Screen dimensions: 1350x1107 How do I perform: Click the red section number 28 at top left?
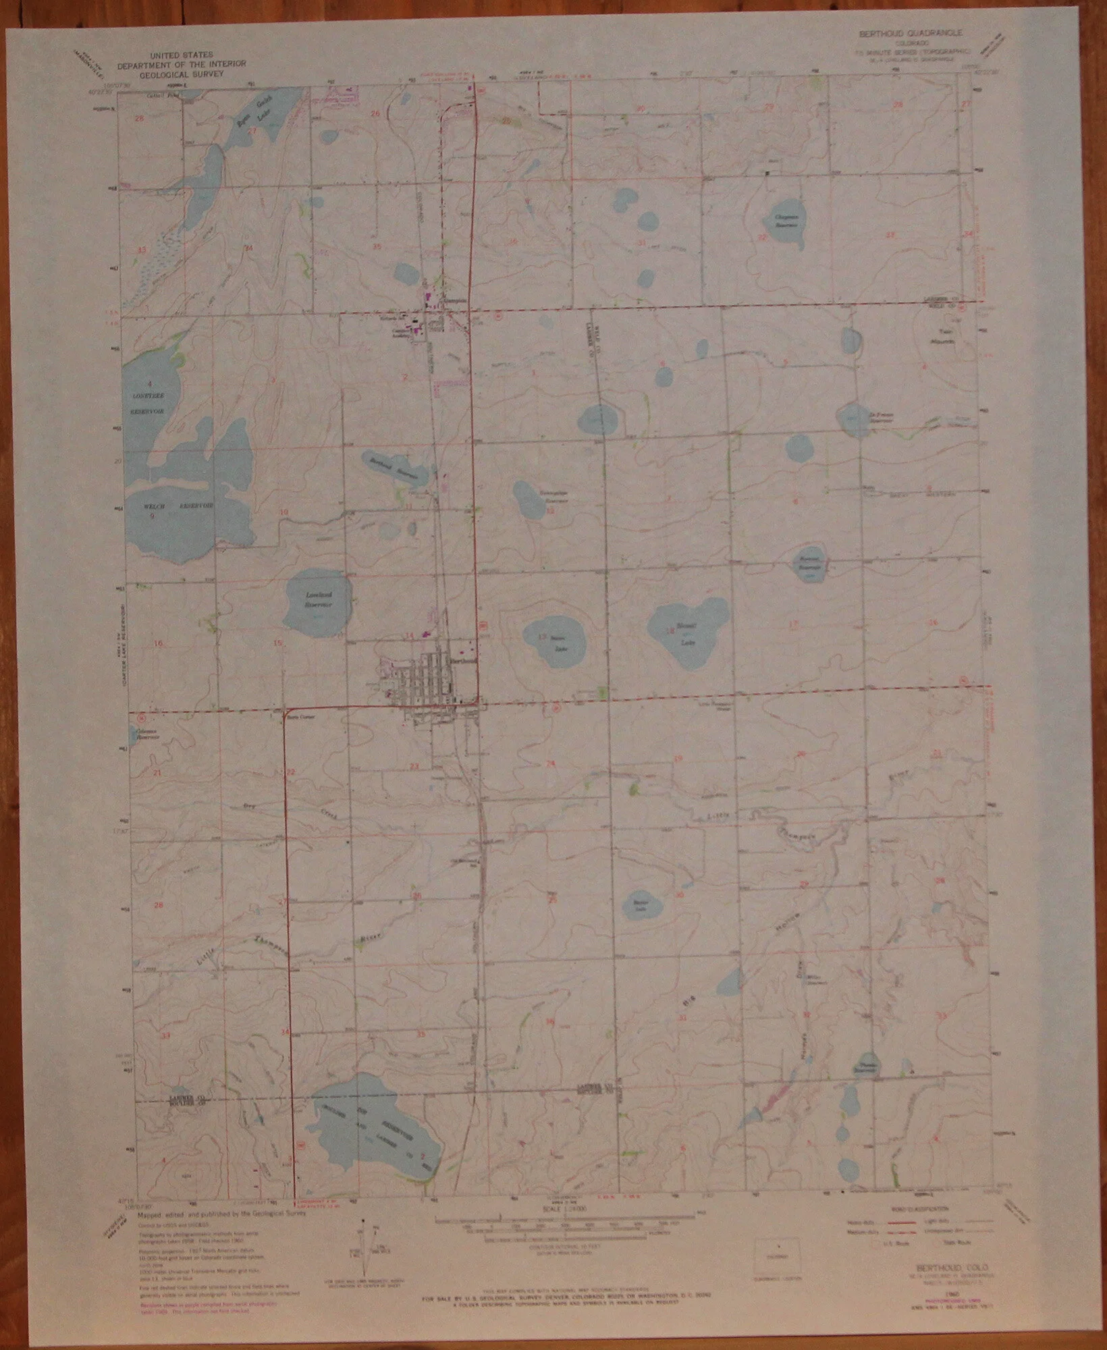[140, 119]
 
